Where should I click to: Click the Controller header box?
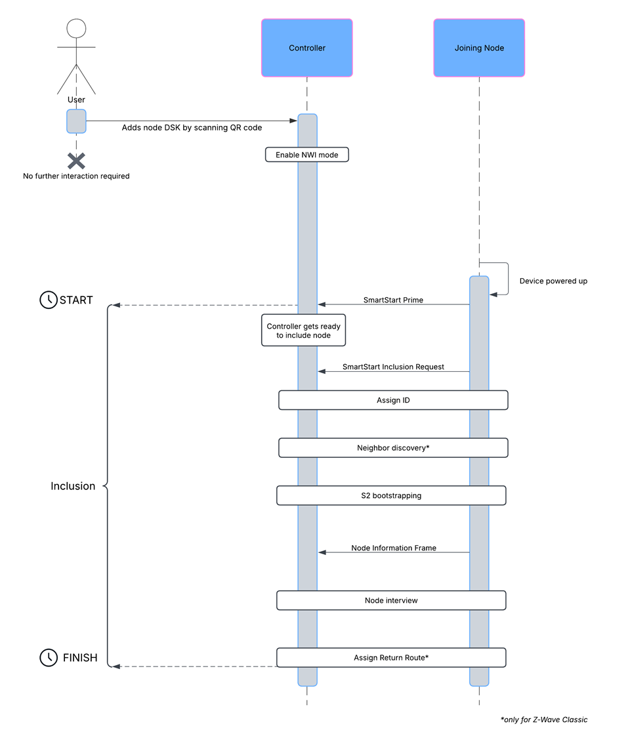coord(306,48)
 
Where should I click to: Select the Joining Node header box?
coord(479,48)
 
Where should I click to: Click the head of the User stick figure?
coord(76,28)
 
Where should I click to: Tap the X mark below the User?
coord(76,161)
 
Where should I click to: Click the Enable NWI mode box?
coord(306,155)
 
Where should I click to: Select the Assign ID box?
coord(393,400)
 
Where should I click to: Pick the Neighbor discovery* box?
coord(393,448)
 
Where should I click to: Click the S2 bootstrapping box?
coord(391,496)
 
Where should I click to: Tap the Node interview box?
coord(391,600)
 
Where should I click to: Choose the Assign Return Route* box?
coord(391,657)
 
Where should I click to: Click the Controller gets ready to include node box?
coord(303,331)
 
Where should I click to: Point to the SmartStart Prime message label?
coord(393,300)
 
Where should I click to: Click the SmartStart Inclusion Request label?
coord(393,367)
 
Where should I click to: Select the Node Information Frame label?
coord(394,548)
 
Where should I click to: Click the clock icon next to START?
coord(49,300)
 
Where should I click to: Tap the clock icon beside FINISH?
coord(49,657)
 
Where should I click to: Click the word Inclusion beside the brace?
coord(73,486)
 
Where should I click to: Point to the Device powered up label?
coord(553,281)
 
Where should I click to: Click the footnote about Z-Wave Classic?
coord(544,720)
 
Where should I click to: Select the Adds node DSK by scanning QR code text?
coord(192,127)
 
